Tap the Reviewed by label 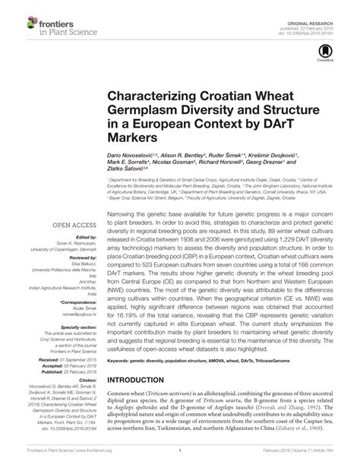64,237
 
